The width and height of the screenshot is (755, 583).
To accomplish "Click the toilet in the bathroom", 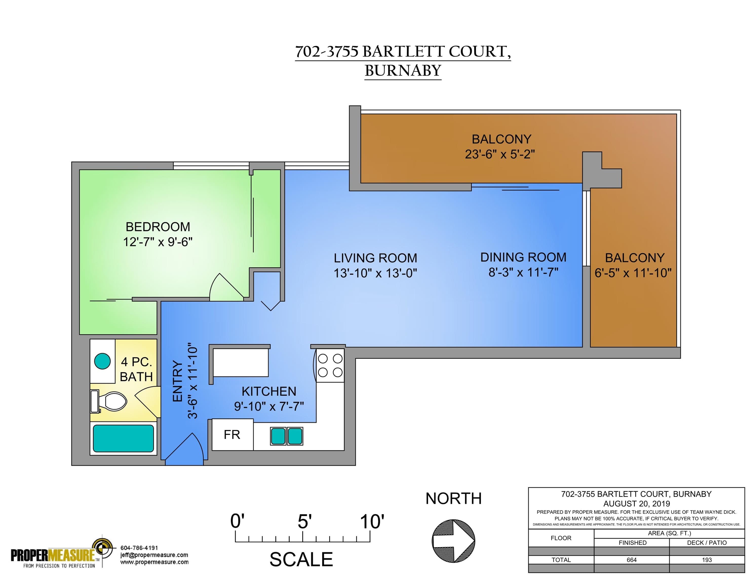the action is click(109, 401).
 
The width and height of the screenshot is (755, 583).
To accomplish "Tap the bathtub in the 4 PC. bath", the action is click(123, 438).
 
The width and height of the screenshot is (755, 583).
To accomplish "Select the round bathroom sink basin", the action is click(102, 361).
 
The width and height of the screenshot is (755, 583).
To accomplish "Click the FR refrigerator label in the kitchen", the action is click(232, 434).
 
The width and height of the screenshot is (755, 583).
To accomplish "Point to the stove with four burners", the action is click(330, 365).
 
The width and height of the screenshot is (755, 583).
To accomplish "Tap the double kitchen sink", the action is click(287, 436).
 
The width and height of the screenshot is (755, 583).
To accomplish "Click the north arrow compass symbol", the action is click(453, 541).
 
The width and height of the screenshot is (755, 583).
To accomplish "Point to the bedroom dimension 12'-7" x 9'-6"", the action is click(158, 242).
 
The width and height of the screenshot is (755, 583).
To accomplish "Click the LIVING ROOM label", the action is click(375, 258).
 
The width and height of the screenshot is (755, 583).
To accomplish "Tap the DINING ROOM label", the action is click(523, 257).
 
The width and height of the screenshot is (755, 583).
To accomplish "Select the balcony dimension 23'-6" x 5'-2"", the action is click(500, 154).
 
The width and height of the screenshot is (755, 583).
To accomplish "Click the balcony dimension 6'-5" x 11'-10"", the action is click(633, 273).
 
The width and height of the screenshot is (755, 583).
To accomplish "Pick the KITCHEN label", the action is click(269, 391).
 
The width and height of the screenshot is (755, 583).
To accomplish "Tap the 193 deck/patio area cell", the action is click(707, 560).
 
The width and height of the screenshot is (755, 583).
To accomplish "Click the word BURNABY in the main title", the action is click(403, 71).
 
